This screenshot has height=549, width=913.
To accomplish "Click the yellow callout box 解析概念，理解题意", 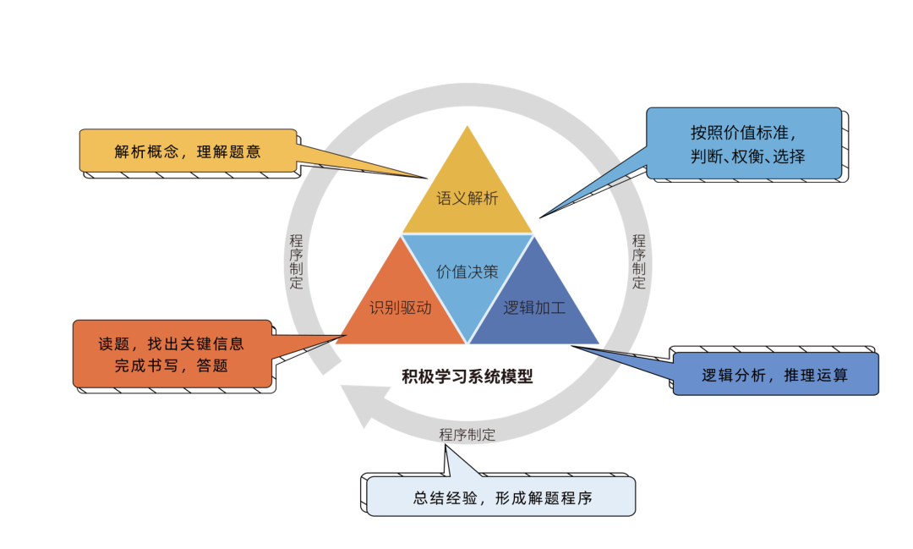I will tap(188, 152).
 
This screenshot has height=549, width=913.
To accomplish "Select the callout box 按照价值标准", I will tap(743, 143).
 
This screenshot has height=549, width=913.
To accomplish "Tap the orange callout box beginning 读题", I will tap(172, 354).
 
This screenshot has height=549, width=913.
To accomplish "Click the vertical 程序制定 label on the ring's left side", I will tap(296, 261).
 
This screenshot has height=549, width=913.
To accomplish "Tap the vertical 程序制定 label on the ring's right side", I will tap(639, 261).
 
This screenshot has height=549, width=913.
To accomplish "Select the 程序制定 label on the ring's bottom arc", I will tap(467, 435).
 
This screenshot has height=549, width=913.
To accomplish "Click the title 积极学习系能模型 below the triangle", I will tap(467, 376).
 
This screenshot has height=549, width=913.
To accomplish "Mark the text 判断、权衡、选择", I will tap(743, 156).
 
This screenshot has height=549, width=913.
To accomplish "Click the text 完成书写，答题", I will tap(172, 365).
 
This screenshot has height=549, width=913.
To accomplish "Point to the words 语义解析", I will tap(467, 200).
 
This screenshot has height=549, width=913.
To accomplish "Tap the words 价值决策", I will tap(467, 272).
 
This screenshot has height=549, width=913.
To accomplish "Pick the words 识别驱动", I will tap(401, 308).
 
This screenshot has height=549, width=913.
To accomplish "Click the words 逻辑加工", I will tap(534, 308).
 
